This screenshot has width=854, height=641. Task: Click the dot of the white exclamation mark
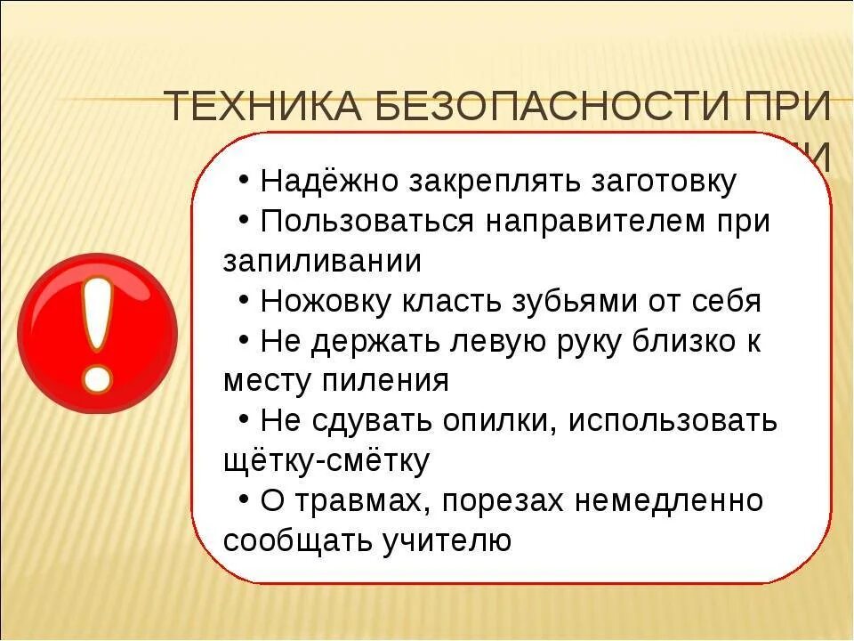(98, 377)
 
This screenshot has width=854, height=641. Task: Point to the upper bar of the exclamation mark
(97, 312)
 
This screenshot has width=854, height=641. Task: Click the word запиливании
(322, 261)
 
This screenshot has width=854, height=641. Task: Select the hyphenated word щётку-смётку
(326, 461)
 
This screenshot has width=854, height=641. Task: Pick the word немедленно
(668, 501)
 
